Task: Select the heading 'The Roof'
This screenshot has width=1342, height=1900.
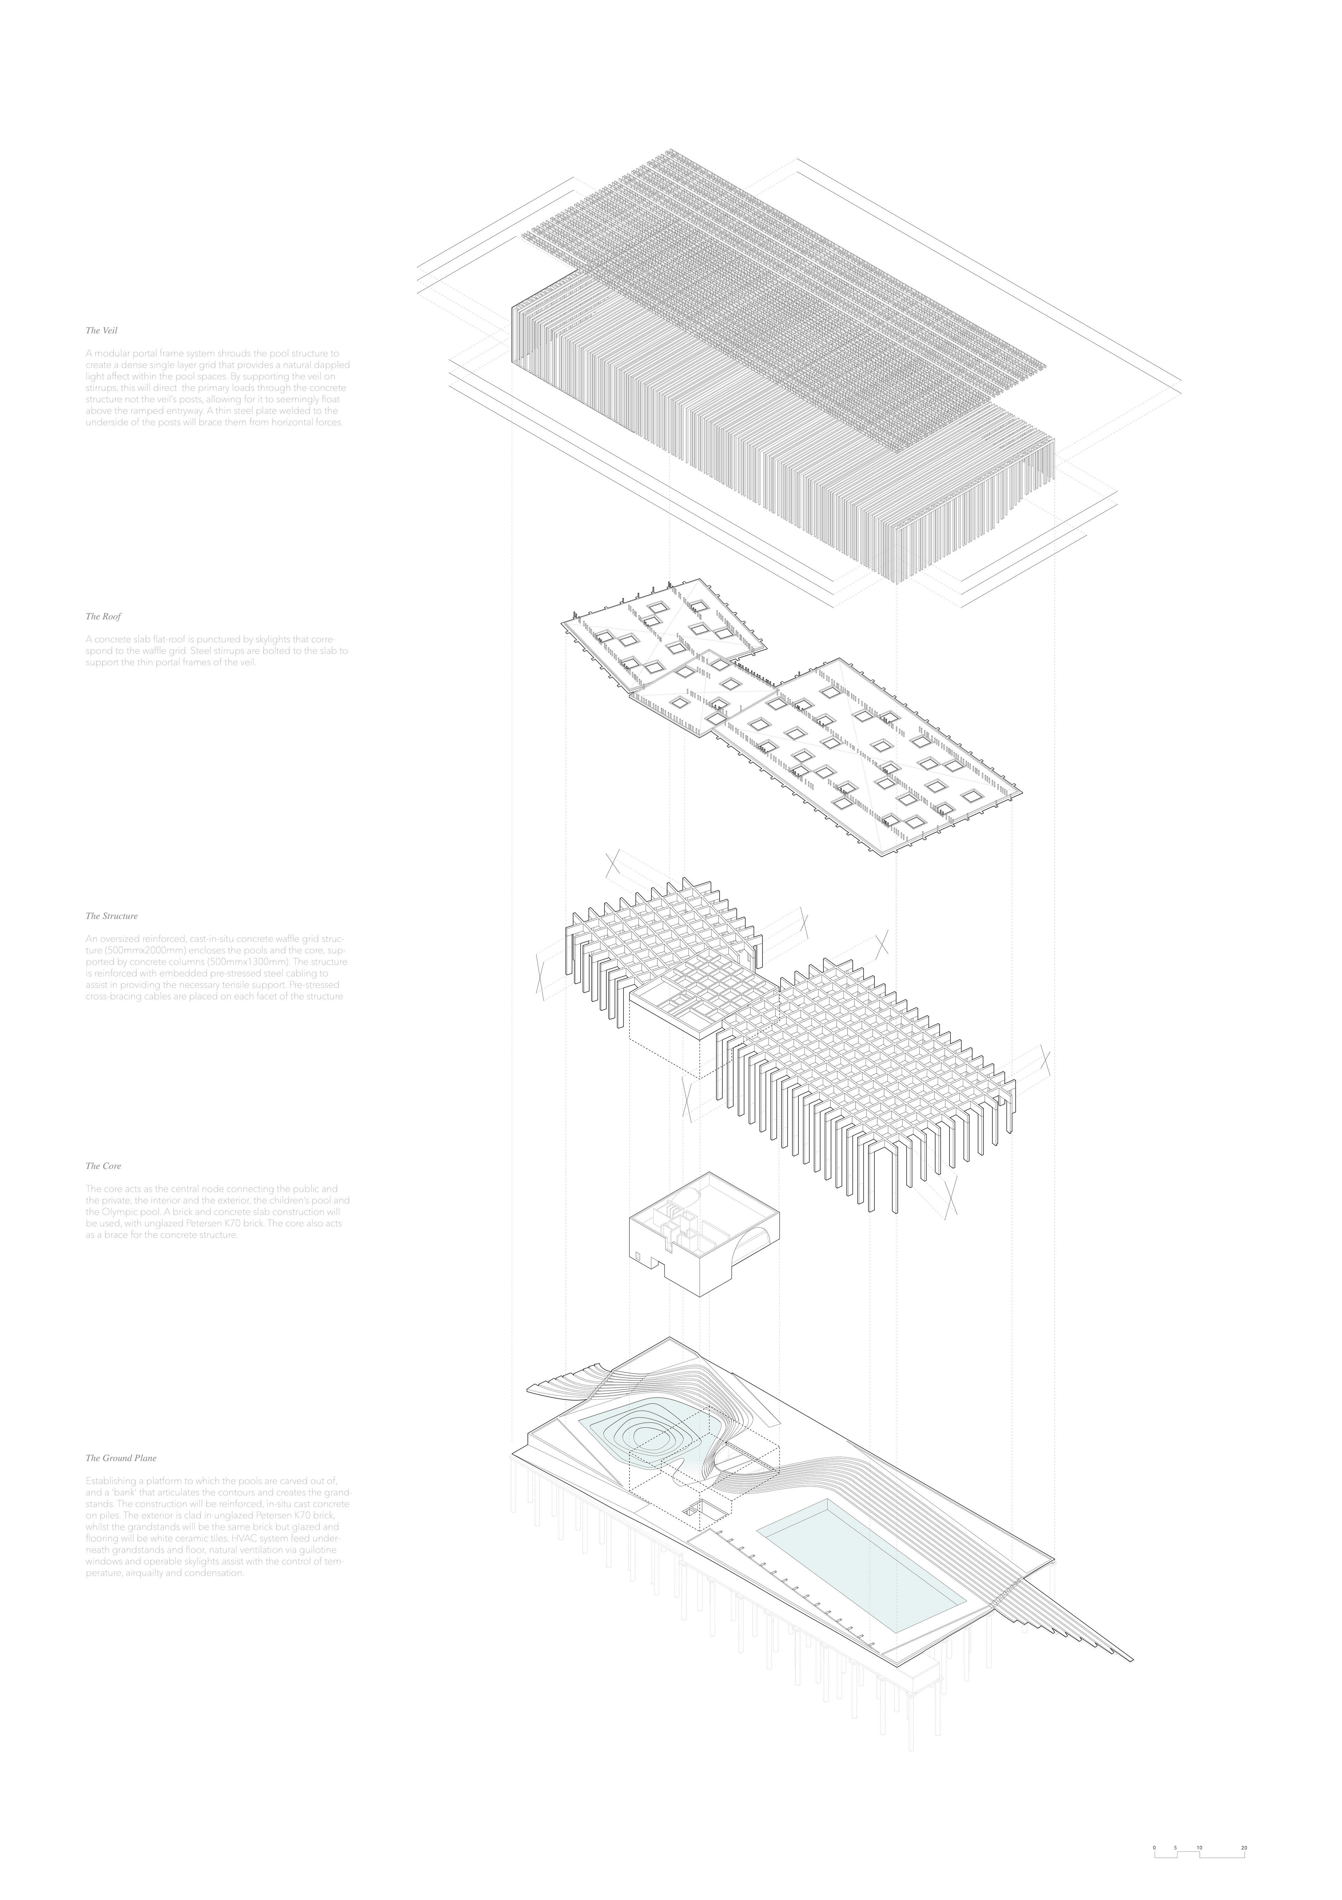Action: (103, 616)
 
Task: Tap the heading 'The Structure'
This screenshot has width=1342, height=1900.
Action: (112, 916)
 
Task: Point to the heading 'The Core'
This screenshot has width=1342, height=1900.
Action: (103, 1166)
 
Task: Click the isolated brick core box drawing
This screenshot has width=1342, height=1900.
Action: (703, 1233)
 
